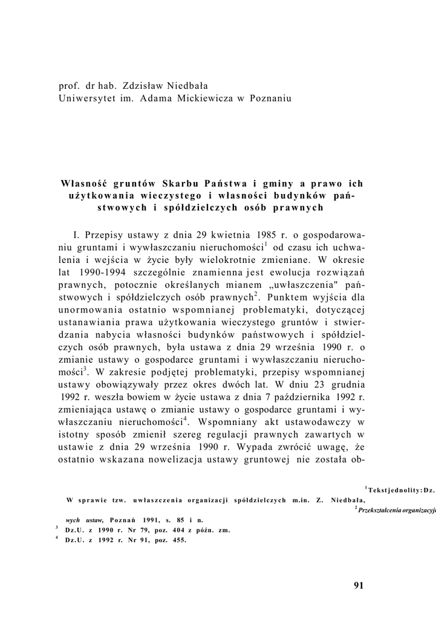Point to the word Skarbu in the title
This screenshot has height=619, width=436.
click(182, 183)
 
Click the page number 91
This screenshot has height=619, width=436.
click(357, 585)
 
